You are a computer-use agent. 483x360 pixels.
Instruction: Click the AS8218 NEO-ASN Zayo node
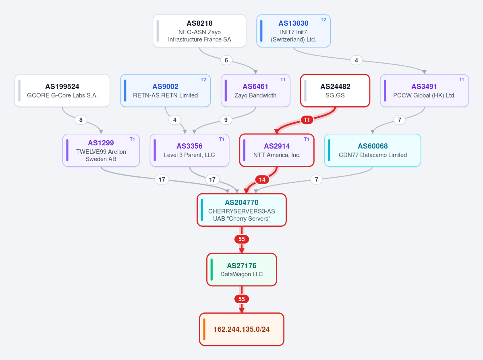click(199, 31)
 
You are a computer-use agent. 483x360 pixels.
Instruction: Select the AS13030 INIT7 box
click(293, 31)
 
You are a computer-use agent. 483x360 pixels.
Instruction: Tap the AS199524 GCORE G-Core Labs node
click(62, 91)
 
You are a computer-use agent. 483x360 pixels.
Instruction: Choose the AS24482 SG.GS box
click(335, 91)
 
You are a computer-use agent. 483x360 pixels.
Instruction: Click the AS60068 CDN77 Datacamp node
click(372, 150)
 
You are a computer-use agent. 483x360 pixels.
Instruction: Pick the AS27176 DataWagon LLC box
click(242, 269)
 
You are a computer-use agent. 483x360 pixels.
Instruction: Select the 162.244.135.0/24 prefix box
click(242, 329)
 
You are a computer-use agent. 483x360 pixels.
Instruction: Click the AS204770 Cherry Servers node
click(242, 210)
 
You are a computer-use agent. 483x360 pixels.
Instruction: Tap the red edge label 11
click(307, 120)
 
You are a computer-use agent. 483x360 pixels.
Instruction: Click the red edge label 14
click(262, 180)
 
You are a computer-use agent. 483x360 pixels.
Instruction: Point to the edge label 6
click(226, 60)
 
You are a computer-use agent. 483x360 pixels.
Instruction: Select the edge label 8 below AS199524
click(81, 120)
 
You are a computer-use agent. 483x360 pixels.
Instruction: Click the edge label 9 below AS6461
click(226, 120)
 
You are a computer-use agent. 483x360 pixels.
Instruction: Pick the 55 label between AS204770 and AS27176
click(242, 239)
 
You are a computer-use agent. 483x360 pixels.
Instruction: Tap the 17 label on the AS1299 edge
click(162, 180)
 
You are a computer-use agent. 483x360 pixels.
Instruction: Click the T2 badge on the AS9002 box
click(203, 80)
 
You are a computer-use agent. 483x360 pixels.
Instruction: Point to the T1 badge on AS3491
click(461, 80)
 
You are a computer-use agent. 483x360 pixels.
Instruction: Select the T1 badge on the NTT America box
click(307, 139)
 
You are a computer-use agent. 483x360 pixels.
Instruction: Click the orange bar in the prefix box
click(204, 329)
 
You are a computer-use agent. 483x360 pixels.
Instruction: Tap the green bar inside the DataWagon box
click(211, 269)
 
